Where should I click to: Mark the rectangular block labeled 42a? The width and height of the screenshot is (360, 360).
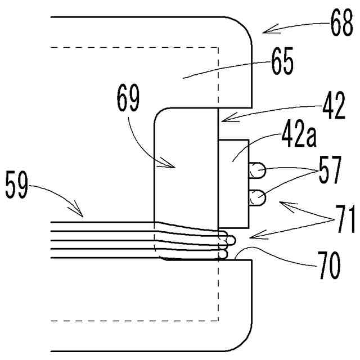coord(232,180)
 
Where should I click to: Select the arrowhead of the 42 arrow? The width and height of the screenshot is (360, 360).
coord(220,120)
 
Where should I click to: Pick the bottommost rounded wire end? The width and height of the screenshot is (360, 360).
coord(223,255)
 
